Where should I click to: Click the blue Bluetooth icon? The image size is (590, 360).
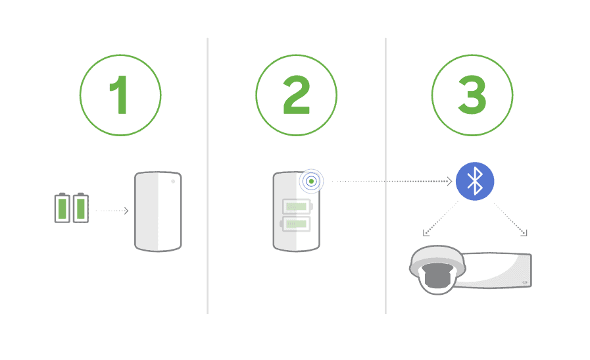474,181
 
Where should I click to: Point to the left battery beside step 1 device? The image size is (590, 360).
62,207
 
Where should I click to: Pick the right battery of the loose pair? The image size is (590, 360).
80,207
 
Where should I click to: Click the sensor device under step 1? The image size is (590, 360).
158,211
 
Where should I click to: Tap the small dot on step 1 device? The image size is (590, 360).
173,181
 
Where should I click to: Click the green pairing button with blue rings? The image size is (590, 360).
311,181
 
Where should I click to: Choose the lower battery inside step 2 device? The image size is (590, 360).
297,224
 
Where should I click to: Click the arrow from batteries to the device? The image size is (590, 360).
112,211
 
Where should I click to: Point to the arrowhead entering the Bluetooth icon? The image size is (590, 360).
451,181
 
